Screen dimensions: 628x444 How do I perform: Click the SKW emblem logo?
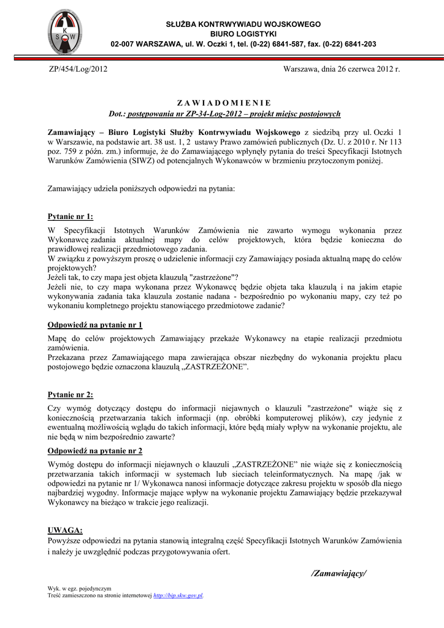(x=63, y=31)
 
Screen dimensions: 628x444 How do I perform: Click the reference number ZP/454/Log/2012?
(x=78, y=69)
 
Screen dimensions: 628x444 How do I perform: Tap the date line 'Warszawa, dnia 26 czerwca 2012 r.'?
(x=342, y=69)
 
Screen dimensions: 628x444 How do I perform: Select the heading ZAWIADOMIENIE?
(x=223, y=103)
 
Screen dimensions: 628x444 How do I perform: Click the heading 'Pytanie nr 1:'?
(x=71, y=216)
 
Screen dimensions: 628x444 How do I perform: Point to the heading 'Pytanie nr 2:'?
(x=71, y=395)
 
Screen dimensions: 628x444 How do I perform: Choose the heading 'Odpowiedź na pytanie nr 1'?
(x=95, y=324)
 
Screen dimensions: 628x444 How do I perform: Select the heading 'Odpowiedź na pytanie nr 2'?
(x=95, y=451)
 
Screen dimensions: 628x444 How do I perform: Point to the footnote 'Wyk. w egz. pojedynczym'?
(x=80, y=588)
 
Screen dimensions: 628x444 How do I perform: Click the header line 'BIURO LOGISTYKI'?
(x=243, y=34)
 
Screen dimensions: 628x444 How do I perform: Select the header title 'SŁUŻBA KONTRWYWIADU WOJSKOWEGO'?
(x=243, y=24)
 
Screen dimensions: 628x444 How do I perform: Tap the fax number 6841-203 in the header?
(x=362, y=44)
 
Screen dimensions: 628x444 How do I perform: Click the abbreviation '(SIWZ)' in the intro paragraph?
(x=144, y=161)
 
